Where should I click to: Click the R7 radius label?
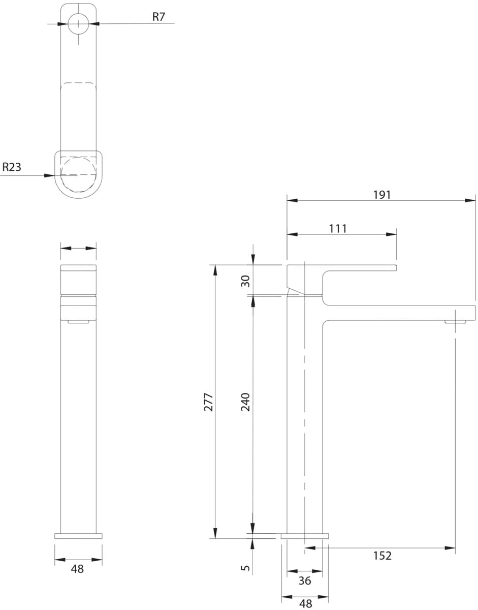(x=158, y=17)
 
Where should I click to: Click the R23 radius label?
(x=12, y=167)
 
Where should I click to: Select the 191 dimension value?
(x=382, y=195)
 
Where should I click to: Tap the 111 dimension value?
(x=338, y=229)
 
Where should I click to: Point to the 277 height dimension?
(x=208, y=402)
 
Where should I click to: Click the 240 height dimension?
(x=245, y=402)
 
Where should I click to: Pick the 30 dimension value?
(x=245, y=281)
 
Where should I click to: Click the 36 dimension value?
(x=305, y=581)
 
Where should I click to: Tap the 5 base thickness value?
(x=245, y=568)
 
